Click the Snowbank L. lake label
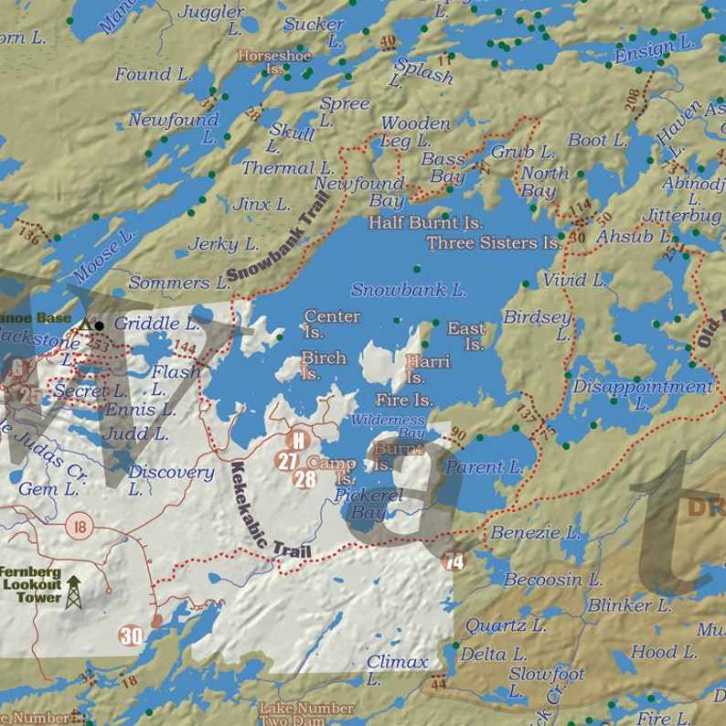[409, 290]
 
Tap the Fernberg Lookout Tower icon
[72, 593]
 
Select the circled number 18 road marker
[80, 526]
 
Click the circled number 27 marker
[288, 460]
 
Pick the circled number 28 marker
[304, 478]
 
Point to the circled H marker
[297, 441]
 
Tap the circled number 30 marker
[131, 635]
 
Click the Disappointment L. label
[642, 394]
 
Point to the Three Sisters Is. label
[494, 243]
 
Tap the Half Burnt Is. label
[425, 222]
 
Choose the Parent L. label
[485, 467]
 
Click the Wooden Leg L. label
[413, 132]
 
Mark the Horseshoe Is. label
[274, 62]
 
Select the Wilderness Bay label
[389, 425]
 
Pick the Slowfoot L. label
[546, 681]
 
